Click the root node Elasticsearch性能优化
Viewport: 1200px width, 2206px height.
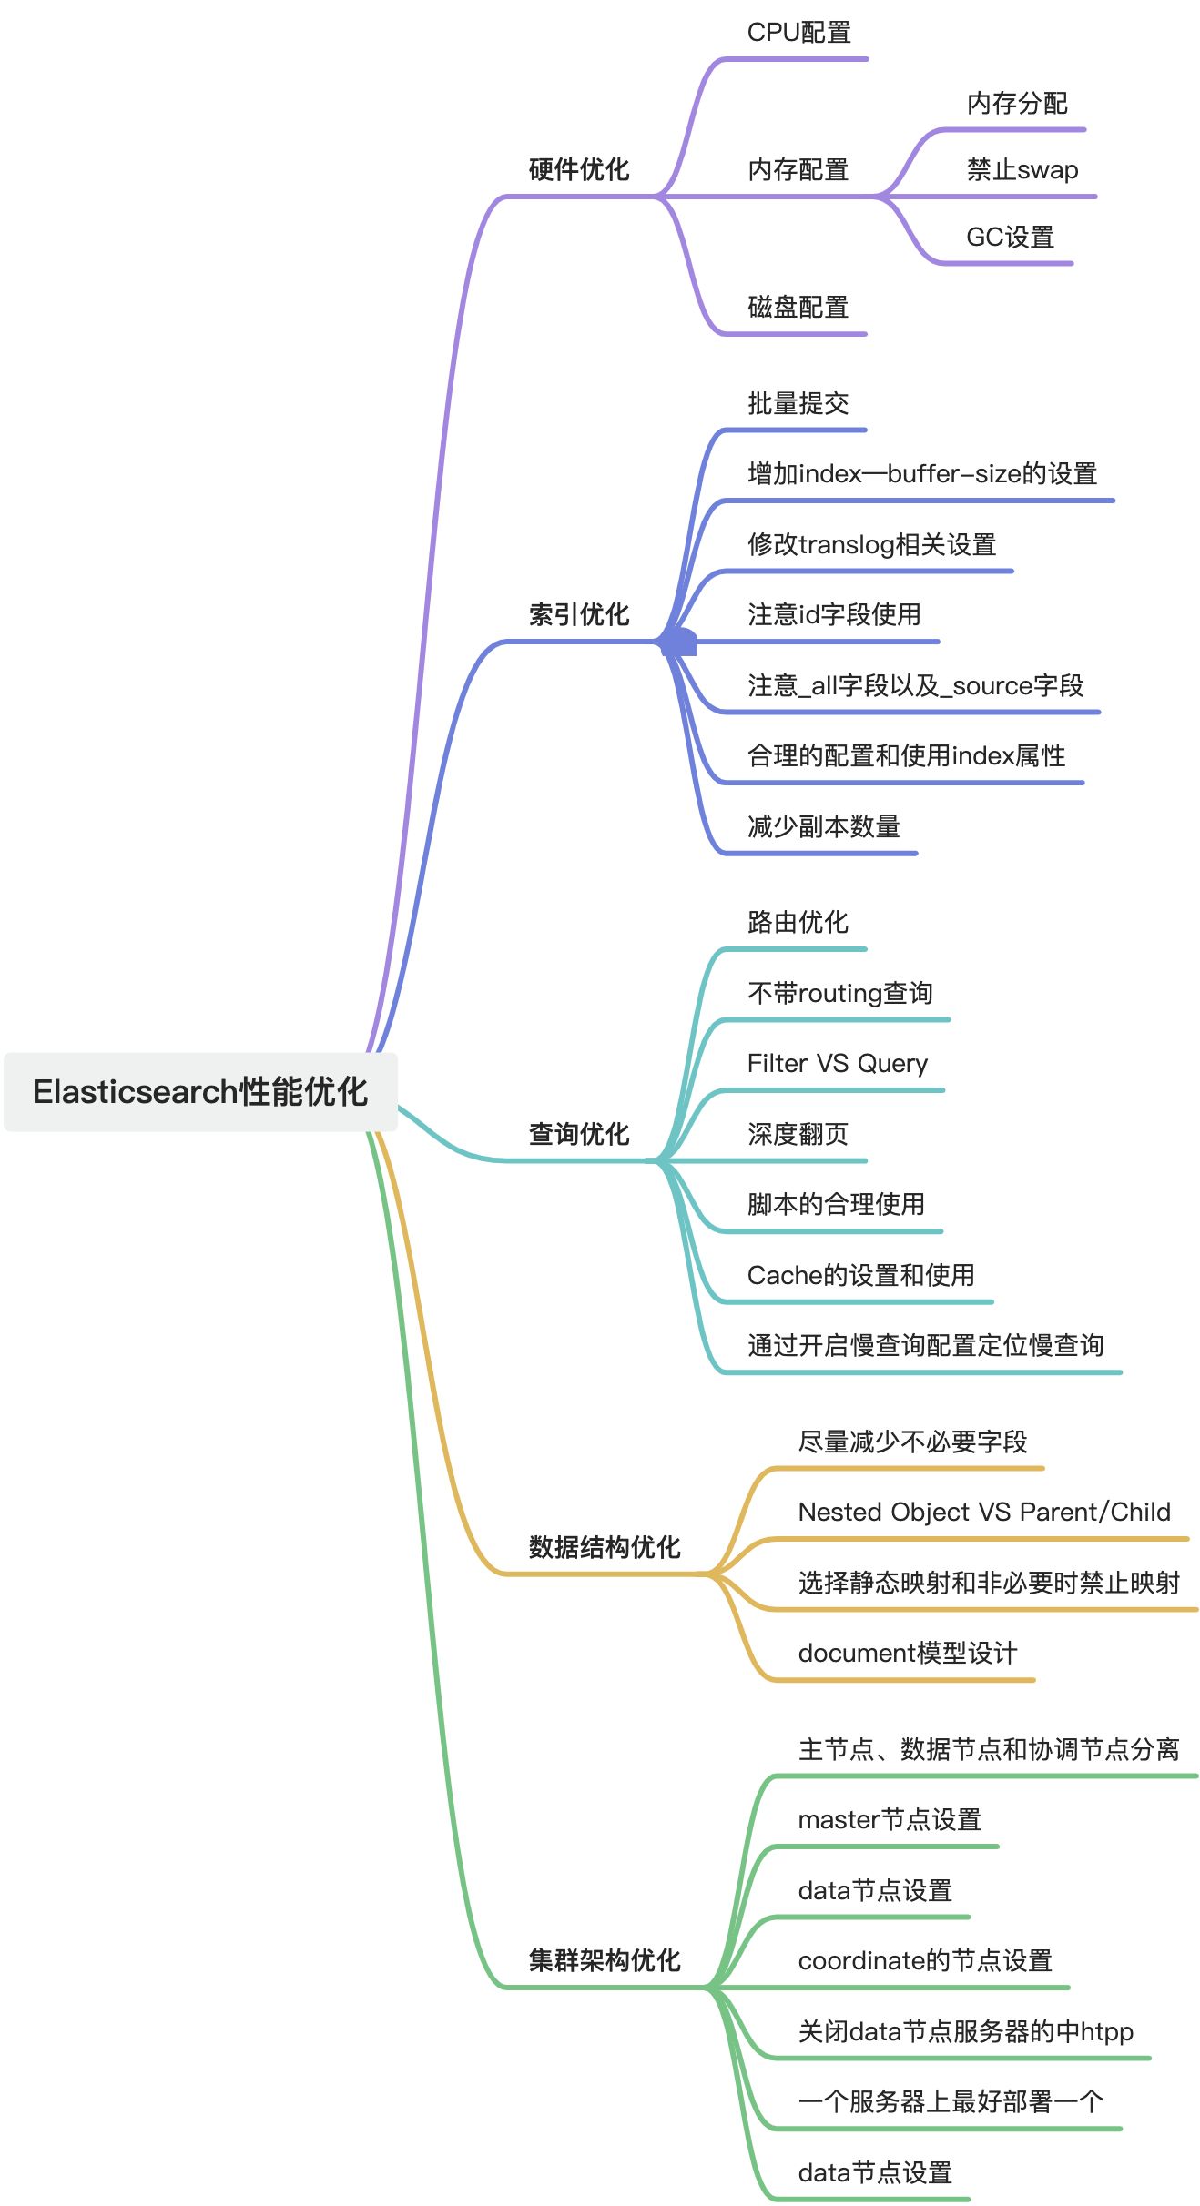click(x=200, y=1091)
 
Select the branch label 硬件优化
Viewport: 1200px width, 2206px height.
click(x=579, y=169)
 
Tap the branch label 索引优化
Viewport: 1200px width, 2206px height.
click(x=579, y=614)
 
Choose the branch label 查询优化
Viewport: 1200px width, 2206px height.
click(x=579, y=1133)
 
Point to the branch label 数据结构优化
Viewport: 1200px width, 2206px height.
click(x=605, y=1546)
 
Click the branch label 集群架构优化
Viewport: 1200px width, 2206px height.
click(x=605, y=1959)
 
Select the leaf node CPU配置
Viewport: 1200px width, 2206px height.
click(x=798, y=33)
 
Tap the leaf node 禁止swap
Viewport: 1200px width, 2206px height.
click(x=1022, y=170)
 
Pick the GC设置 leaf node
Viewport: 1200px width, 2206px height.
click(x=1010, y=238)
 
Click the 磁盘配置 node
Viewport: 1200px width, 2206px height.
click(x=798, y=307)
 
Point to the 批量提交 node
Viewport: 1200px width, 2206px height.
click(x=798, y=403)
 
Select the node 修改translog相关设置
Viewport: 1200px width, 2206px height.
click(x=871, y=544)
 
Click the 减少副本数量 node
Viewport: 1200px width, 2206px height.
click(x=823, y=826)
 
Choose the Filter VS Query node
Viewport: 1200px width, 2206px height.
click(x=837, y=1063)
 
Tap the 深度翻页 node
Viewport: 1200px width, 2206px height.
click(x=798, y=1134)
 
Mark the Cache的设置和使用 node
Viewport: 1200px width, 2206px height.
click(x=860, y=1275)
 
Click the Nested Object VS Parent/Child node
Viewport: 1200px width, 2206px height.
click(x=983, y=1512)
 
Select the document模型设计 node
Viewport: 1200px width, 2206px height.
click(x=907, y=1653)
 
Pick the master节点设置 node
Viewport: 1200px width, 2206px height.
click(x=889, y=1819)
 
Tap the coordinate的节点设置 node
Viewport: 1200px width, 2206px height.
click(x=924, y=1960)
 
